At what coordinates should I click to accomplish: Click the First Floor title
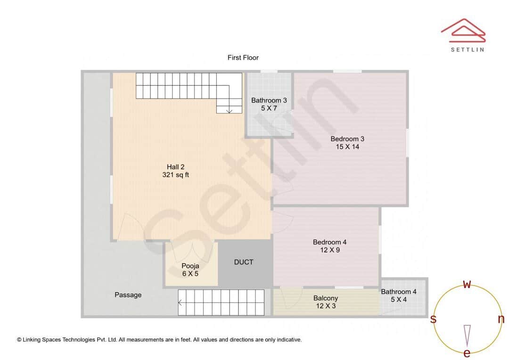(x=243, y=57)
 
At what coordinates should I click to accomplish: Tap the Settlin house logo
(x=463, y=30)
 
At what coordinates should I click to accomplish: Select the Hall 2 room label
(x=175, y=167)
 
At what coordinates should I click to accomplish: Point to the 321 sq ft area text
(x=175, y=175)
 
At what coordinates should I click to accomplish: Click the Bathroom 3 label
(x=269, y=100)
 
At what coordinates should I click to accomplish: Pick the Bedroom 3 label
(x=347, y=139)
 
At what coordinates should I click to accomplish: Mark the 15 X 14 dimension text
(x=347, y=147)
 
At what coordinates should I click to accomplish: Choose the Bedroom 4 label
(x=330, y=242)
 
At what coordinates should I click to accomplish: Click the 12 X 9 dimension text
(x=330, y=250)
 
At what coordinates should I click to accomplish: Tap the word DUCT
(x=244, y=262)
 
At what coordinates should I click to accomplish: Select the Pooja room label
(x=190, y=266)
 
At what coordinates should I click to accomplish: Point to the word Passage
(x=128, y=295)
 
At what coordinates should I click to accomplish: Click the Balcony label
(x=326, y=298)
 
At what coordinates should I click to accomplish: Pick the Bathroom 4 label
(x=399, y=292)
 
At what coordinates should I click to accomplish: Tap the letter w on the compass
(x=467, y=284)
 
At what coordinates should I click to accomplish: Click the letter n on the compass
(x=501, y=319)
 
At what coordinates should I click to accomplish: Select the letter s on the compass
(x=433, y=319)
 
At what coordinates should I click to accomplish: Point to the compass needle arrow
(x=467, y=335)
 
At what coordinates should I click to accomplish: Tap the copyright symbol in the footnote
(x=19, y=339)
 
